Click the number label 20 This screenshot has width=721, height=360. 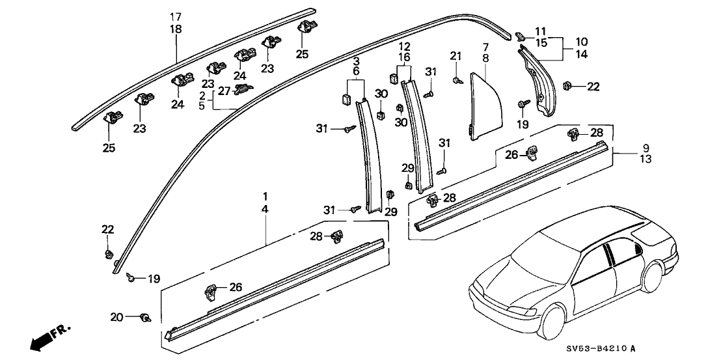coord(116,317)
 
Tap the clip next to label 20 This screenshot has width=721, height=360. coord(146,318)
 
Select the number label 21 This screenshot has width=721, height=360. coord(456,56)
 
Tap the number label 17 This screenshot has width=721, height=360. coord(176,16)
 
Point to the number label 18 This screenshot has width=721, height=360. coord(176,29)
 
